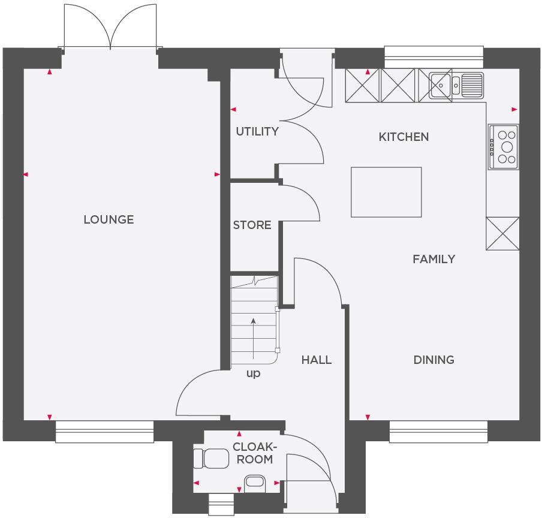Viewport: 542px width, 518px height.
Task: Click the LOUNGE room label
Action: [x=109, y=219]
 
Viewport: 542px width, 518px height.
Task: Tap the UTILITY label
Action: [x=257, y=131]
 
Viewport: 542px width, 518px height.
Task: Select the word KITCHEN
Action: [x=404, y=137]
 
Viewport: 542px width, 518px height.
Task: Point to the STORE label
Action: [x=252, y=225]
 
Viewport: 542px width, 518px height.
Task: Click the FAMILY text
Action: [x=433, y=259]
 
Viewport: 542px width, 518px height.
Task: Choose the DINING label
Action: [x=433, y=360]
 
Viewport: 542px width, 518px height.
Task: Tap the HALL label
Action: [x=316, y=360]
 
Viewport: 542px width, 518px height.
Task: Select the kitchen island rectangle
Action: [x=386, y=192]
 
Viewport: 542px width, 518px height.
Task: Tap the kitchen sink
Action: [x=456, y=84]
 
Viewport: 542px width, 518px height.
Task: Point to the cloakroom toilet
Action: [x=210, y=459]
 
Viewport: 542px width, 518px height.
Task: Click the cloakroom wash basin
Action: [x=255, y=481]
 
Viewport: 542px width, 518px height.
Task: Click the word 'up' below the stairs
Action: [x=254, y=373]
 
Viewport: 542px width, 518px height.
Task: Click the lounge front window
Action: [x=105, y=431]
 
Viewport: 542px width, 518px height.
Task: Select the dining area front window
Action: [x=438, y=431]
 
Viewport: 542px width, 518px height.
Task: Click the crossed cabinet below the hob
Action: [x=502, y=233]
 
